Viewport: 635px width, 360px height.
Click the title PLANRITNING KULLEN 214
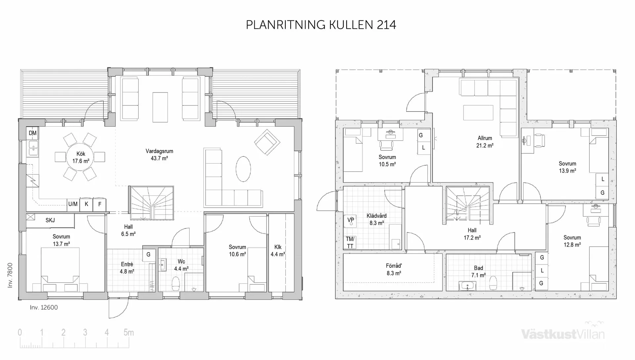[x=321, y=25]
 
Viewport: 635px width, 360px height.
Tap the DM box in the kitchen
[x=32, y=133]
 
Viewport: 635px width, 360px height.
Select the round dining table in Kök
[x=81, y=157]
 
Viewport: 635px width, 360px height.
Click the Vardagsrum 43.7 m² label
[x=159, y=155]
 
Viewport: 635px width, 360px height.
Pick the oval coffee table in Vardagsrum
[x=243, y=169]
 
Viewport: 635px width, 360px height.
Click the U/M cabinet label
[x=73, y=204]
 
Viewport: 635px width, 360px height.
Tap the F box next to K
[x=100, y=204]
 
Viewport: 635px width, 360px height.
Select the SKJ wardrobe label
[x=50, y=220]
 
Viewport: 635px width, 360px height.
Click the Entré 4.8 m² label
[x=127, y=268]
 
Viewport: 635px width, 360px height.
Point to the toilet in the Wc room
[x=176, y=283]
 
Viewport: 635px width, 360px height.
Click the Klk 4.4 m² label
[x=278, y=251]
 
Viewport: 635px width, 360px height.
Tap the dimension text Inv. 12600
[x=44, y=307]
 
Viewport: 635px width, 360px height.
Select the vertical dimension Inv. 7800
[x=10, y=275]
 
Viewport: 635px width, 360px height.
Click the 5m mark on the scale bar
[x=128, y=333]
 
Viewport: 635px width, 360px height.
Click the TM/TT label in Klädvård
[x=350, y=242]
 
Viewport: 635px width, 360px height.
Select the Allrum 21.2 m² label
[x=485, y=142]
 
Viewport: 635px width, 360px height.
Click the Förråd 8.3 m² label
[x=394, y=269]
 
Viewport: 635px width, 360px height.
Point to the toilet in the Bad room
[x=493, y=282]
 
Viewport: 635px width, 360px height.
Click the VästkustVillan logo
[x=563, y=333]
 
